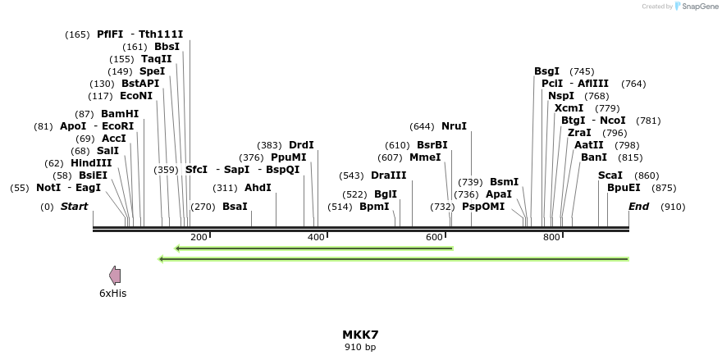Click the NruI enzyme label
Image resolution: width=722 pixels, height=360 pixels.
click(454, 126)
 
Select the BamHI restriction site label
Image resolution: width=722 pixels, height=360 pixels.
click(120, 114)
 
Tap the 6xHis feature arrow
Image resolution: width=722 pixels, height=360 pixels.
click(115, 276)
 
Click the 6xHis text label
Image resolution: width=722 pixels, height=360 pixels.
click(113, 293)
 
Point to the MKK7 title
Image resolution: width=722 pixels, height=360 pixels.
click(360, 335)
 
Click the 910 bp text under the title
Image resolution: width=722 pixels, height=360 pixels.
click(360, 347)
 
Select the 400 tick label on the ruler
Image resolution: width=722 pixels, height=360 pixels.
click(316, 237)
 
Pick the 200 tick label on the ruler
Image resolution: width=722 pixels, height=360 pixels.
click(199, 237)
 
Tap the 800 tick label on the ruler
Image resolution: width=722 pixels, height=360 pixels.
click(551, 237)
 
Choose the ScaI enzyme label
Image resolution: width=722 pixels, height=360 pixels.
click(610, 175)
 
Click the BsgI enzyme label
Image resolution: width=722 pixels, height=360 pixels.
click(546, 71)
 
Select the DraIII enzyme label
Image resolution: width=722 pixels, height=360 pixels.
click(389, 175)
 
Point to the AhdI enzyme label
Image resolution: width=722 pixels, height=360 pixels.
click(258, 188)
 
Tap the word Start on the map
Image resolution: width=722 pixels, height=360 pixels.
click(74, 207)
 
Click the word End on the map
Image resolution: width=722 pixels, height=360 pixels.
click(639, 207)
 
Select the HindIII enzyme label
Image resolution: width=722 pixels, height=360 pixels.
click(91, 163)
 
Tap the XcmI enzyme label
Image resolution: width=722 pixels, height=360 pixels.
click(569, 108)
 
